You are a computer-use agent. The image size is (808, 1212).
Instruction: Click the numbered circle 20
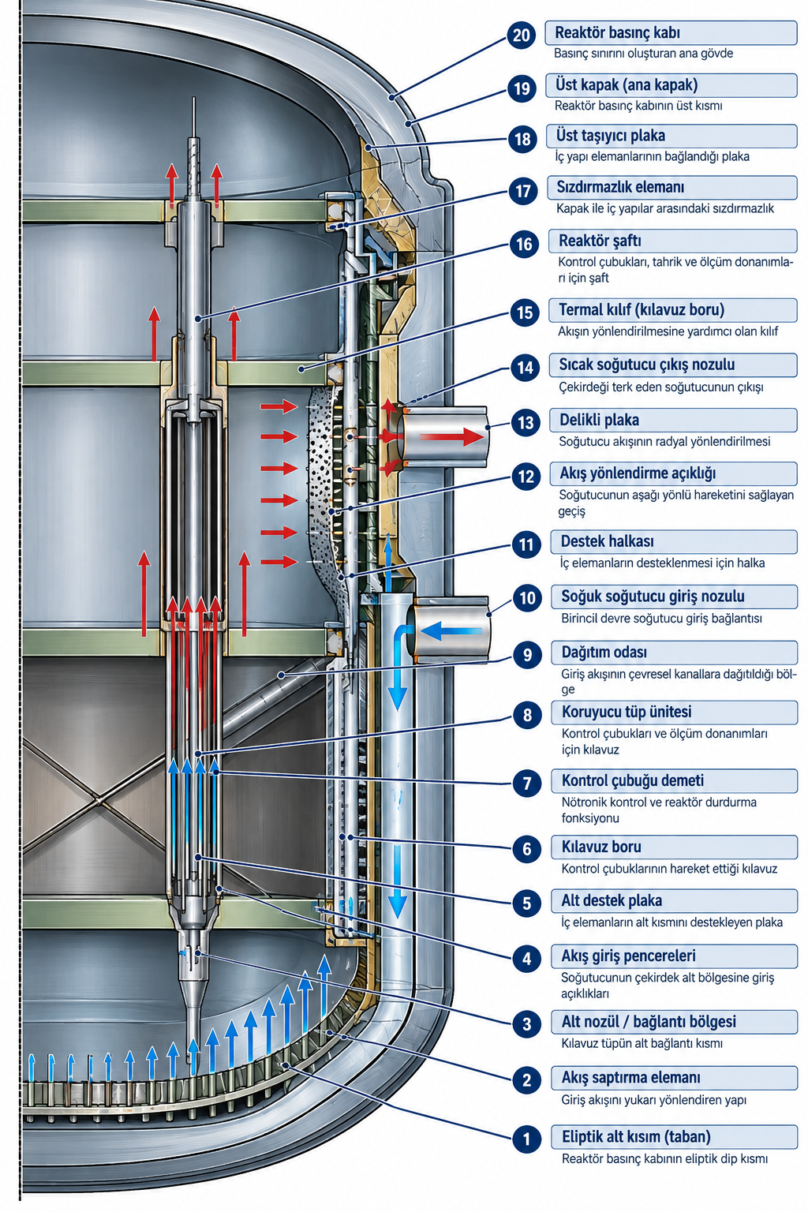tap(521, 35)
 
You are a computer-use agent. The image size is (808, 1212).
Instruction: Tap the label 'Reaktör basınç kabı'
tap(617, 32)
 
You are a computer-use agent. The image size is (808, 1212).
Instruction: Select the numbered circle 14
tap(525, 368)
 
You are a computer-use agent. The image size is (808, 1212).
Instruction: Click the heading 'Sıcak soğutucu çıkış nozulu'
tap(647, 365)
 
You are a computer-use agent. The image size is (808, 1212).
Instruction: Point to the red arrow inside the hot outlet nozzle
tap(452, 437)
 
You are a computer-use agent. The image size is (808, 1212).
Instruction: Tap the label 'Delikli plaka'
tap(599, 420)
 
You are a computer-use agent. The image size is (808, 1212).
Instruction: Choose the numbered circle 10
tap(527, 598)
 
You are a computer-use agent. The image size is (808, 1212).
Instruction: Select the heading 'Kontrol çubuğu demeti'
tap(633, 780)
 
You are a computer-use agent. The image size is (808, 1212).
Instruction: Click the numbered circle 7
tap(527, 783)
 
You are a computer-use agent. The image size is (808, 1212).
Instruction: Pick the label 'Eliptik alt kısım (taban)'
tap(637, 1136)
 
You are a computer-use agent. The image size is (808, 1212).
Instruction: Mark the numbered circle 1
tap(527, 1139)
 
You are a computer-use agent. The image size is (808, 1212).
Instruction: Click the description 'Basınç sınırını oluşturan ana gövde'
tap(643, 54)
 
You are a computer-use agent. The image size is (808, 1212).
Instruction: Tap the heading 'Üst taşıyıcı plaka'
tap(611, 135)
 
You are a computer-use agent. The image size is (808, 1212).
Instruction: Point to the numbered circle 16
tap(524, 244)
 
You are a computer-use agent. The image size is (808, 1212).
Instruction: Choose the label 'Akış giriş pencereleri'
tap(628, 956)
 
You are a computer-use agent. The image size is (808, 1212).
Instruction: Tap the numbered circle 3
tap(527, 1024)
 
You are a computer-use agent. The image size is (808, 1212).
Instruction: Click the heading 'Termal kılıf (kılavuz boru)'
tap(642, 310)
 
